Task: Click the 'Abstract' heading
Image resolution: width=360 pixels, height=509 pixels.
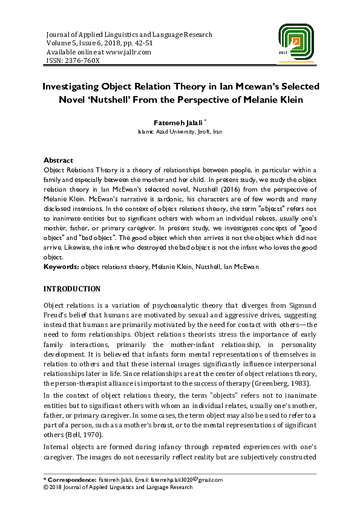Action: tap(58, 160)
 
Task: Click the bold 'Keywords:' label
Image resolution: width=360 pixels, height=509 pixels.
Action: tap(62, 267)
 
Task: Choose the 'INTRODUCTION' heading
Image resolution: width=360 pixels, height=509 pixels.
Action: tap(72, 289)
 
